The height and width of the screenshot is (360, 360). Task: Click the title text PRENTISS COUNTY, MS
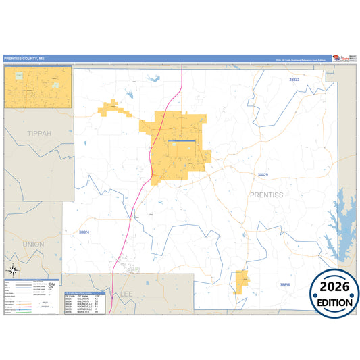click(23, 59)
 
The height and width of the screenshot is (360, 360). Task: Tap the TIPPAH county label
click(39, 134)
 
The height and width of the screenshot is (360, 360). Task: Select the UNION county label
click(33, 244)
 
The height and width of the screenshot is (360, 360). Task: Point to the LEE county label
click(126, 294)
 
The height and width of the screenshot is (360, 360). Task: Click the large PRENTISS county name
click(267, 195)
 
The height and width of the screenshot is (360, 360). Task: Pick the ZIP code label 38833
click(293, 80)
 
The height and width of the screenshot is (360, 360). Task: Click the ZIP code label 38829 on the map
click(263, 175)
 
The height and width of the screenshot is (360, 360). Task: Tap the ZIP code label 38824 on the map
click(84, 232)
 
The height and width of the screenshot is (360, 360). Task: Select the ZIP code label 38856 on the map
click(284, 285)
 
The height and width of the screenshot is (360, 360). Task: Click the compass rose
click(13, 270)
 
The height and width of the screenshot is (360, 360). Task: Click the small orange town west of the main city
click(111, 107)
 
